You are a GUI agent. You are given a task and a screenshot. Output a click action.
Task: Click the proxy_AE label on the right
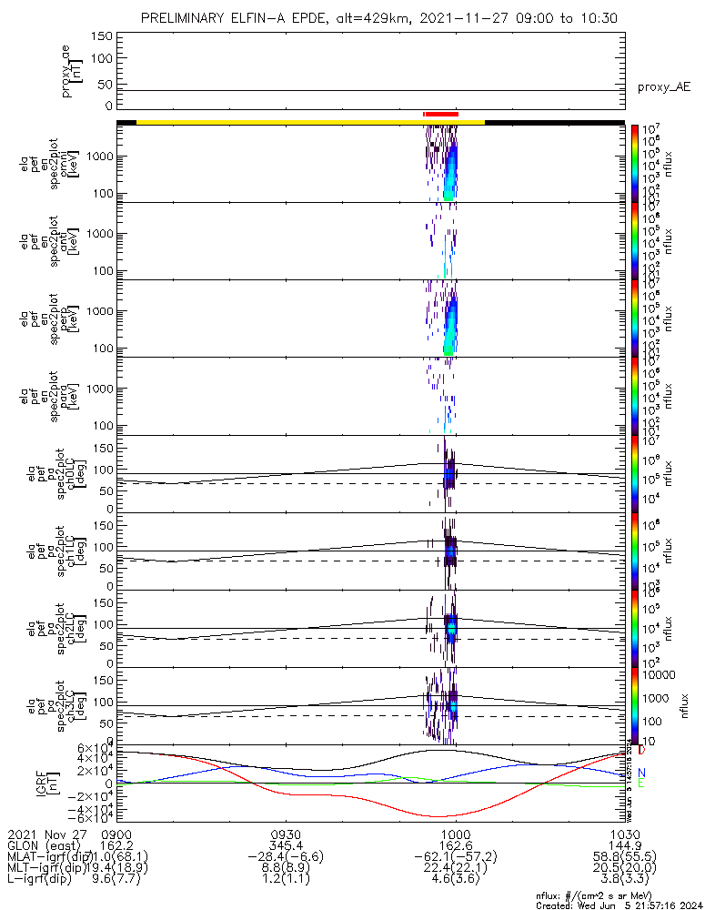coord(663,87)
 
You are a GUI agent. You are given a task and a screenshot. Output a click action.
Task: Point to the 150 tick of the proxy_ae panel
coord(102,35)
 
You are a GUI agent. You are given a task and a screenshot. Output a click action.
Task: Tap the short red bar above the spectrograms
coord(440,114)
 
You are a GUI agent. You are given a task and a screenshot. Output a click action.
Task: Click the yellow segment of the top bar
coord(309,121)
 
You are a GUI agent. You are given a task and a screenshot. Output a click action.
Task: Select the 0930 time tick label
coord(286,834)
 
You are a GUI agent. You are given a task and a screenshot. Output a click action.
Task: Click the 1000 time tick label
coord(455,834)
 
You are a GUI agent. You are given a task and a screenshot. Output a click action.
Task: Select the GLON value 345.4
coord(286,844)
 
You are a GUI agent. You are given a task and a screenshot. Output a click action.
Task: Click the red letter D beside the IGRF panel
coord(641,751)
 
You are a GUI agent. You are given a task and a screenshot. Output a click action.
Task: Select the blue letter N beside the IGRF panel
coord(641,772)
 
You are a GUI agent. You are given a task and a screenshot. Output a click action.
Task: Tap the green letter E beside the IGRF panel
coord(641,784)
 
